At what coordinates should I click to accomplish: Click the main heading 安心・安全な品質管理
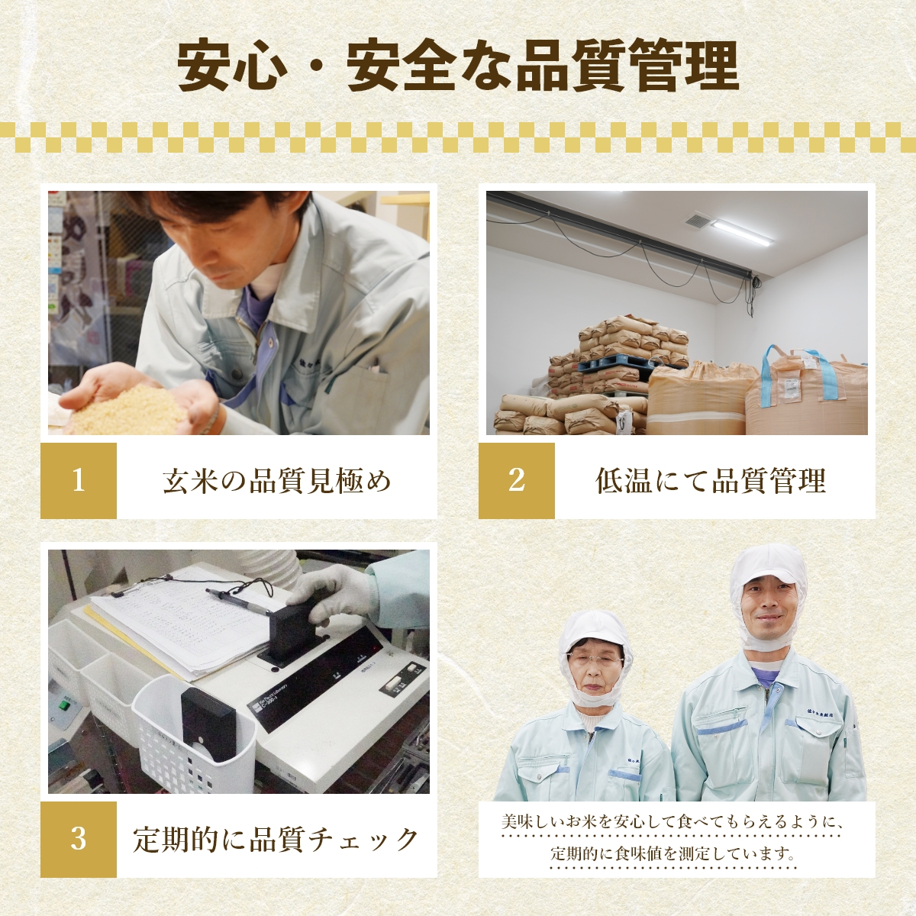(x=458, y=67)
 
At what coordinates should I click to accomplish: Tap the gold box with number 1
(x=79, y=481)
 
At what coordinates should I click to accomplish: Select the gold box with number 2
(x=517, y=481)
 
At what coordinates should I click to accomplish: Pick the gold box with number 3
(x=79, y=839)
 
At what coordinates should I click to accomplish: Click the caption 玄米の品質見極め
(x=276, y=481)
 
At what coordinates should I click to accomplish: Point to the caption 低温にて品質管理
(x=710, y=481)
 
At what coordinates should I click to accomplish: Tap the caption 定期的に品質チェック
(x=276, y=839)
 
